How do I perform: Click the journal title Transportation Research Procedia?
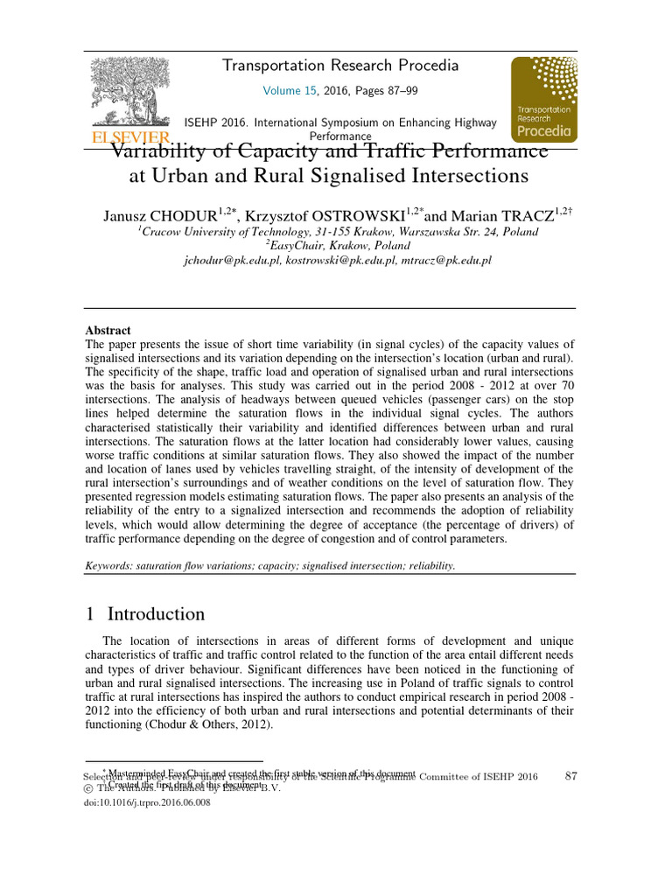click(x=340, y=66)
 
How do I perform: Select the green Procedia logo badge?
click(x=543, y=99)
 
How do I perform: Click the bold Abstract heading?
click(x=108, y=331)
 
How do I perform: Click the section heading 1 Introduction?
click(x=145, y=614)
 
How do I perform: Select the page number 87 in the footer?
click(x=572, y=776)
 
